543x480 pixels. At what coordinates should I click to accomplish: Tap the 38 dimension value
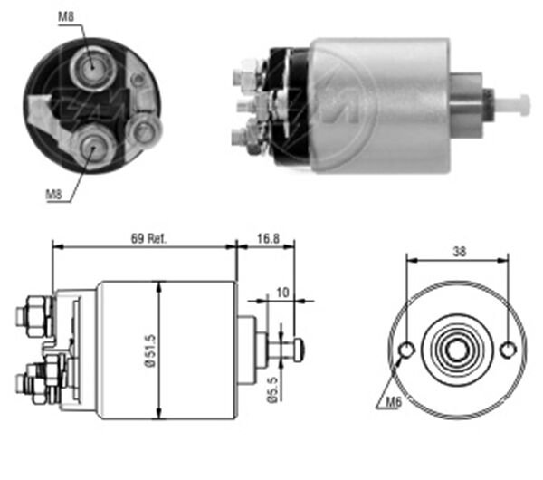click(458, 254)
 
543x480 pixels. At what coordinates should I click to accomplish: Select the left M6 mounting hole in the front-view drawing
click(407, 350)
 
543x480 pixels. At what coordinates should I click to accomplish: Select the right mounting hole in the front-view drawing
click(509, 350)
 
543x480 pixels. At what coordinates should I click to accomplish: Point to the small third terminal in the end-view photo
click(142, 132)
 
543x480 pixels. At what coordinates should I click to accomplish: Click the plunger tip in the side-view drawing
click(297, 348)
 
